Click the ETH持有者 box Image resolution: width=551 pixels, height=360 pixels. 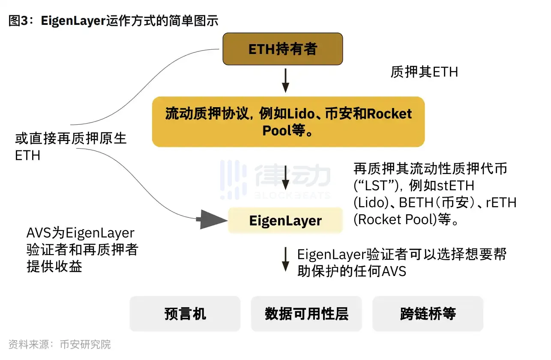pos(282,49)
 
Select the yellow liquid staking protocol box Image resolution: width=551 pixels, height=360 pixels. pos(288,122)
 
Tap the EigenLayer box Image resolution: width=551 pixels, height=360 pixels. pos(285,221)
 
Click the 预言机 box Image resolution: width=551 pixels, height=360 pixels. pos(185,314)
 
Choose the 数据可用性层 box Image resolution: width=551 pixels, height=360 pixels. pos(306,314)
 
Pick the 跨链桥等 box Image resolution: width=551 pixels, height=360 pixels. pos(428,314)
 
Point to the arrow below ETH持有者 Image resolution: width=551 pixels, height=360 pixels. pos(285,80)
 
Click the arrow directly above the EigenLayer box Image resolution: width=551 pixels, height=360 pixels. pos(285,178)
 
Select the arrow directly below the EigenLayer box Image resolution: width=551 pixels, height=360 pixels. pos(285,259)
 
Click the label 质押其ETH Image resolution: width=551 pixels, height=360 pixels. pos(424,72)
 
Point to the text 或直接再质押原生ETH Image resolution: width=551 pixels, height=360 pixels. pos(71,147)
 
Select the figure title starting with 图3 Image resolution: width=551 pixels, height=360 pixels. pos(113,21)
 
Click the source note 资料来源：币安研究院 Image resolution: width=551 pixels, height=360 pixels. pos(60,344)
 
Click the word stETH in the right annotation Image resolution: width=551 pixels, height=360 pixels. pos(455,186)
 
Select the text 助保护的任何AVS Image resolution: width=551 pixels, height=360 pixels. pos(351,271)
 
